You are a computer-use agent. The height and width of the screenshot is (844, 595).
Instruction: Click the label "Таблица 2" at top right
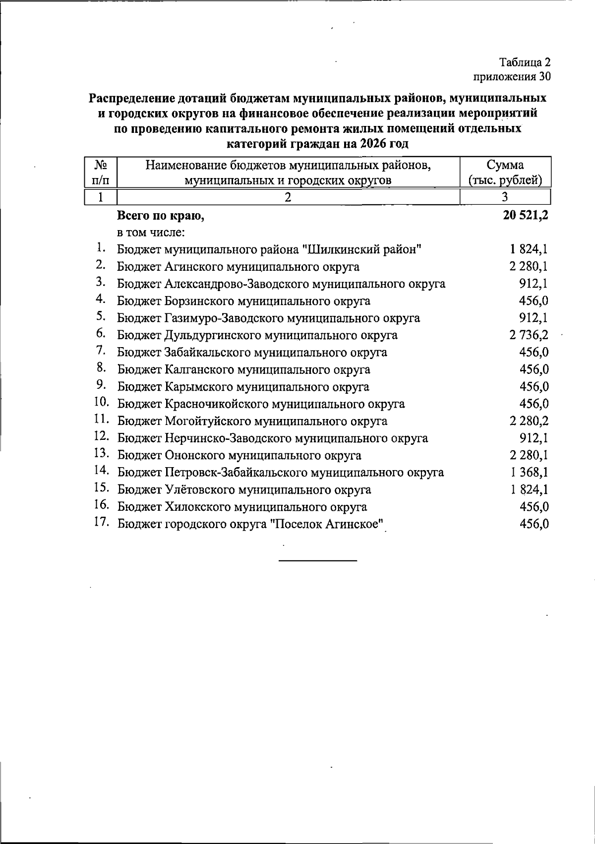(525, 63)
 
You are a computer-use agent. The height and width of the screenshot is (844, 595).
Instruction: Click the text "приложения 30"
(512, 77)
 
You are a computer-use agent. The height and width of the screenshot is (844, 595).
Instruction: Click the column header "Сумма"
(505, 165)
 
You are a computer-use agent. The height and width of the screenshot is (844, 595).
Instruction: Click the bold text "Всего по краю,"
(161, 216)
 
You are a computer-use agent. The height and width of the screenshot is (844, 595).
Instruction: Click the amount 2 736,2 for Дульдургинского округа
(529, 335)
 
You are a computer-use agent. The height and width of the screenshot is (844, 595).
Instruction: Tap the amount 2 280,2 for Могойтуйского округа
(529, 421)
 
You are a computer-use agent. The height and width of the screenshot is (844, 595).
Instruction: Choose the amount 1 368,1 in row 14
(529, 473)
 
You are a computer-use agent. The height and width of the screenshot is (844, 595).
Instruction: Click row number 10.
(102, 403)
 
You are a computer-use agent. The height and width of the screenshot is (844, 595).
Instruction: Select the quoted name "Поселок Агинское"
(328, 524)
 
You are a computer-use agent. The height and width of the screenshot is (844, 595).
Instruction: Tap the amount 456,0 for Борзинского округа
(534, 301)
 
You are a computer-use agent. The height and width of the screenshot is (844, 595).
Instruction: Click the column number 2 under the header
(288, 197)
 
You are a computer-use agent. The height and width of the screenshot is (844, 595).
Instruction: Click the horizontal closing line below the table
(318, 560)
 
